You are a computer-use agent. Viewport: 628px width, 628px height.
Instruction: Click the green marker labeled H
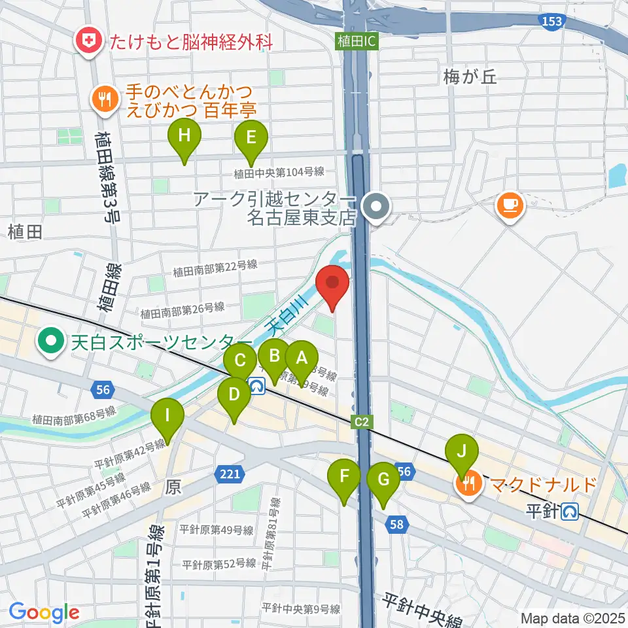pos(184,137)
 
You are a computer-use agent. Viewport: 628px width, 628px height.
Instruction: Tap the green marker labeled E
pos(251,137)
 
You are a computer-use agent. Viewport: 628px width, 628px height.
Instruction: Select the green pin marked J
pos(462,452)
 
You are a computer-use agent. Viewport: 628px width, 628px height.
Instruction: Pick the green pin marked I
pos(167,415)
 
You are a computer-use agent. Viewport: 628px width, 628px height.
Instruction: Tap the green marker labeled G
pos(383,480)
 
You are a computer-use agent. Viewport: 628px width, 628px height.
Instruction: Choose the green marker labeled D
pos(234,395)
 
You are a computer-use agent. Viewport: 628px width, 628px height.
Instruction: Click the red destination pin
pos(332,283)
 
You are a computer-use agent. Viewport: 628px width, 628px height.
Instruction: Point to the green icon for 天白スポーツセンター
pos(50,341)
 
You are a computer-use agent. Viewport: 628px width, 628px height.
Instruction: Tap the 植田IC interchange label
pos(357,41)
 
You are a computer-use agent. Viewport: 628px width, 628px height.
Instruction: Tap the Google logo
pos(44,612)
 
